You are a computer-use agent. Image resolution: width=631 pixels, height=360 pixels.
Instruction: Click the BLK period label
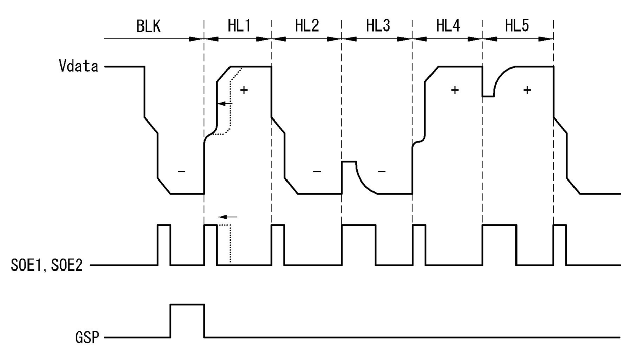[149, 26]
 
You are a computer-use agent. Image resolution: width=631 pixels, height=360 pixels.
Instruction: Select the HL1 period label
[239, 26]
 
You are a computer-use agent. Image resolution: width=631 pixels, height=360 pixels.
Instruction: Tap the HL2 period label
[307, 26]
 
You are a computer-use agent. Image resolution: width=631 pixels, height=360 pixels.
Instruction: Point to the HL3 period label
[378, 26]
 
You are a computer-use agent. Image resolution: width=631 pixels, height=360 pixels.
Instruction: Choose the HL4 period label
[448, 26]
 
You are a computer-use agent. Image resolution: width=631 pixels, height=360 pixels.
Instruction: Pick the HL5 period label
[517, 26]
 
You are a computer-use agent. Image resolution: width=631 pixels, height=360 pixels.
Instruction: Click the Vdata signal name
[78, 66]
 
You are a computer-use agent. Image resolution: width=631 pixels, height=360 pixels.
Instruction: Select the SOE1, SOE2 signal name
[47, 265]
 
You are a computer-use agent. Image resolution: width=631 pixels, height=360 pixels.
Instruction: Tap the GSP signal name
[88, 337]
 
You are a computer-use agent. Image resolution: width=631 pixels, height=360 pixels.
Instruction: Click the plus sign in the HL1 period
[244, 90]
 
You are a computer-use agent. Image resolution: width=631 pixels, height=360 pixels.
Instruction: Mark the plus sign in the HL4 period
[455, 90]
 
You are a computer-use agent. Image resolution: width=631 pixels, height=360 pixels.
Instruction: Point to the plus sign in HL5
[527, 90]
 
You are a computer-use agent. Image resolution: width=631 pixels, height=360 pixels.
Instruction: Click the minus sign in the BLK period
[181, 171]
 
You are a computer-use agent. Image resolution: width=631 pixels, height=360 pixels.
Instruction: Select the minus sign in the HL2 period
[317, 171]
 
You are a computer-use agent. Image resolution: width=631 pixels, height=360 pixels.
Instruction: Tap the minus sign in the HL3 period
[382, 171]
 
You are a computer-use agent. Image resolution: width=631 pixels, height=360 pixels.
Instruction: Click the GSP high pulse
[187, 304]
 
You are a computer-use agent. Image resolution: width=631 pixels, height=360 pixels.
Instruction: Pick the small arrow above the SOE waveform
[228, 217]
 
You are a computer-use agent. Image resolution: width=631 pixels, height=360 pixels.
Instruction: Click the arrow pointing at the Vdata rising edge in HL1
[225, 104]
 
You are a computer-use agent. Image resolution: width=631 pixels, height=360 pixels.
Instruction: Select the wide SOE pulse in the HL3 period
[359, 225]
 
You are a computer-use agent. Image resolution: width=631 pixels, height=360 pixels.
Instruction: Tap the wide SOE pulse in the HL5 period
[499, 225]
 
